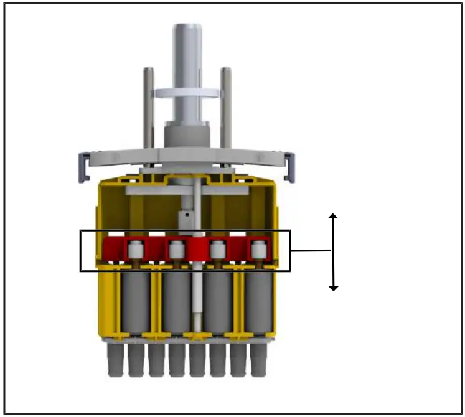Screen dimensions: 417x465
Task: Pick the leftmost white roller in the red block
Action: [135, 250]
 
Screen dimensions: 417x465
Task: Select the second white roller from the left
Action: [176, 250]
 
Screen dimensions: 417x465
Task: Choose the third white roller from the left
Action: [217, 250]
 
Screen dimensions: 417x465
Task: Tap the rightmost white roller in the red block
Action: [257, 250]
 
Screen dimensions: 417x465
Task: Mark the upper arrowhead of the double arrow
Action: [334, 217]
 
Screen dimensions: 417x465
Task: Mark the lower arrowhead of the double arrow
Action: [334, 287]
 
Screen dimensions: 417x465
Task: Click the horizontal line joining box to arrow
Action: [311, 251]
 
